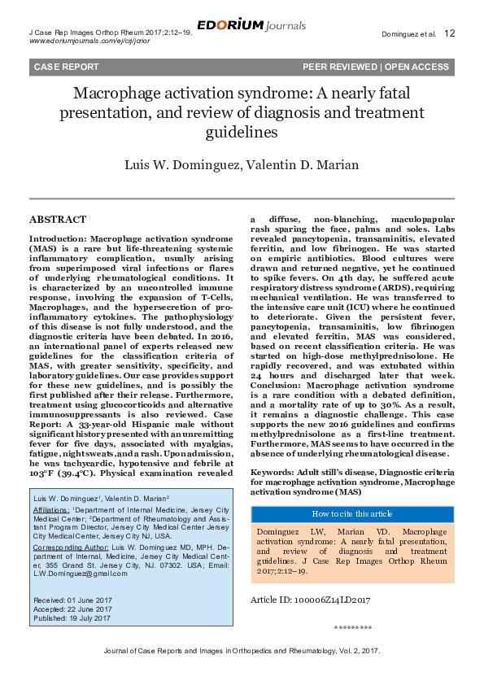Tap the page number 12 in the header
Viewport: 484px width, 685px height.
[450, 33]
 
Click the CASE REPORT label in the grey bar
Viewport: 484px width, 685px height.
[67, 67]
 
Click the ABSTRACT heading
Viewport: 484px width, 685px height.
[58, 220]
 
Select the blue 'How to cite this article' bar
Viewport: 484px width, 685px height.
[352, 514]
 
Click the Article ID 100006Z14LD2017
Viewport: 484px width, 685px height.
[310, 600]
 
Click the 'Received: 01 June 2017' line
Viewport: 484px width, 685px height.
[72, 599]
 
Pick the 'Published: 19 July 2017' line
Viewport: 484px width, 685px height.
[72, 618]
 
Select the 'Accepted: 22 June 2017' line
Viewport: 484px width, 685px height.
[72, 609]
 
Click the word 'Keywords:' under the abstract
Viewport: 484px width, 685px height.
[272, 472]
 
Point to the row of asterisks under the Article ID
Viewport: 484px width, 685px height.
[353, 628]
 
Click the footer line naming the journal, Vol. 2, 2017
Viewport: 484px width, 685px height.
[242, 652]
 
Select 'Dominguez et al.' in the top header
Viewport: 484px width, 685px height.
[408, 34]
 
